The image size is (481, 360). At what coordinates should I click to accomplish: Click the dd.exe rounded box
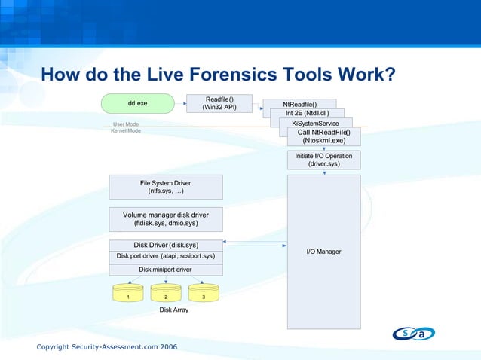click(137, 102)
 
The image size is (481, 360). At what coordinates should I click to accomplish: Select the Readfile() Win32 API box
click(219, 103)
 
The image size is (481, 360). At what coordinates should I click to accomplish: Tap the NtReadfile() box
click(299, 104)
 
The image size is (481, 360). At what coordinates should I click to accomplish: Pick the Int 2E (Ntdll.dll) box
click(307, 114)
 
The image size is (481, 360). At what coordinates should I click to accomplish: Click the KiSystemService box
click(315, 123)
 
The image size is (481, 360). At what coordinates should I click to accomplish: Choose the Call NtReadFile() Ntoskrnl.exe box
click(323, 136)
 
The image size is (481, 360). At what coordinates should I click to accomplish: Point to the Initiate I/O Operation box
click(323, 160)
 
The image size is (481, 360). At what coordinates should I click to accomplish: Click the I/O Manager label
click(323, 251)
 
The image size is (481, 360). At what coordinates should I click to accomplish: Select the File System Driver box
click(166, 187)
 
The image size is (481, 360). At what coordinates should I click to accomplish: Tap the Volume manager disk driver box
click(166, 219)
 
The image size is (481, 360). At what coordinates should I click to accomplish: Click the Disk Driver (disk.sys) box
click(166, 245)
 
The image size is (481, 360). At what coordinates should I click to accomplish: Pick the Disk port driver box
click(166, 256)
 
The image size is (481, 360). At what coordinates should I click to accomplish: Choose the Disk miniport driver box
click(166, 269)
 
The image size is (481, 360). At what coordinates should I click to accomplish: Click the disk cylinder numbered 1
click(128, 294)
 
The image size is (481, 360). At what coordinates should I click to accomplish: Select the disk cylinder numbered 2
click(166, 294)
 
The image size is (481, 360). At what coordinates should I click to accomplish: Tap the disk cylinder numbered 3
click(204, 294)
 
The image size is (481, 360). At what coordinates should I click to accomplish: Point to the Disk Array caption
click(173, 310)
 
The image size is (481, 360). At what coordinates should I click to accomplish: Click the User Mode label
click(126, 124)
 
